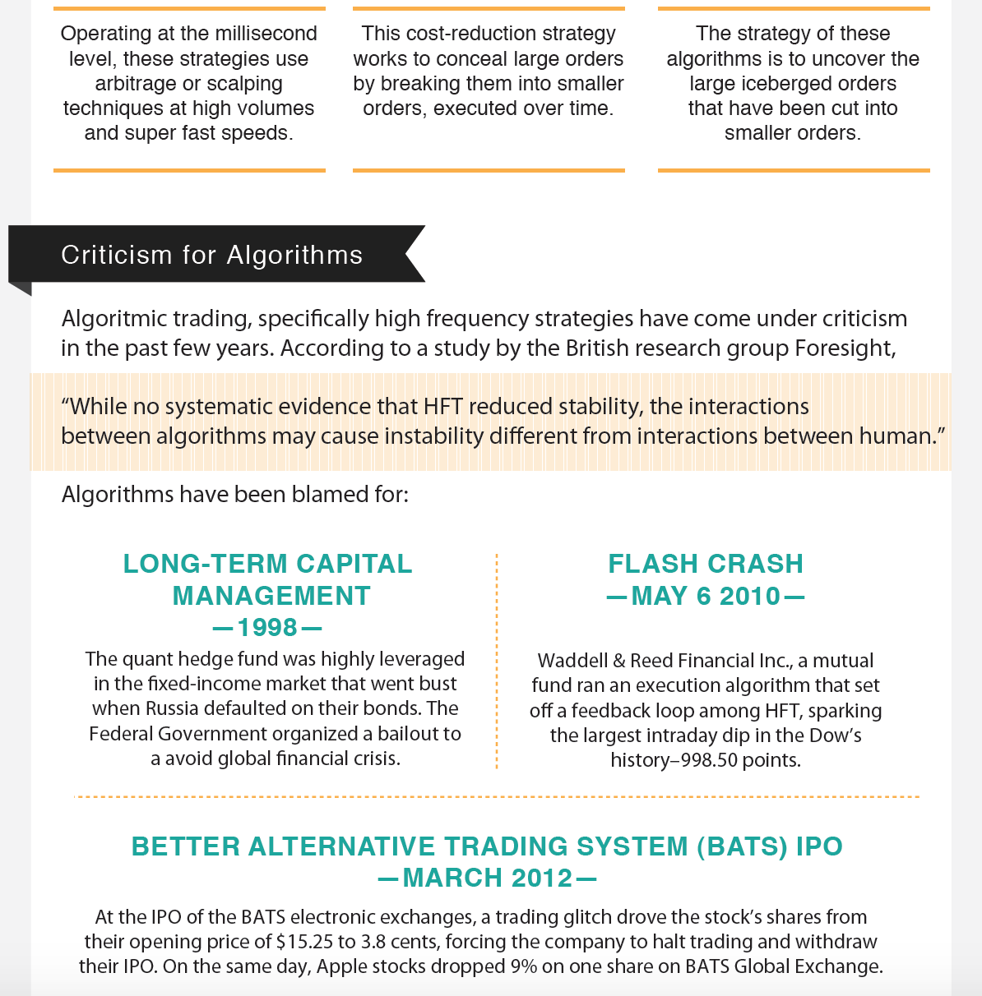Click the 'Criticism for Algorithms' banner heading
(211, 255)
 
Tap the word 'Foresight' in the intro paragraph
(843, 348)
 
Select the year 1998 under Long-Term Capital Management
(267, 628)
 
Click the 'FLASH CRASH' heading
(706, 564)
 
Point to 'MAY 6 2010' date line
(706, 596)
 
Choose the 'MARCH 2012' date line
(488, 878)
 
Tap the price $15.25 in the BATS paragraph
(305, 942)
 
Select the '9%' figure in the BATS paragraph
(523, 966)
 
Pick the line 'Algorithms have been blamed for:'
(234, 495)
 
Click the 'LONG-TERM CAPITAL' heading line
(267, 564)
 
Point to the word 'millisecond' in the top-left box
(265, 34)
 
